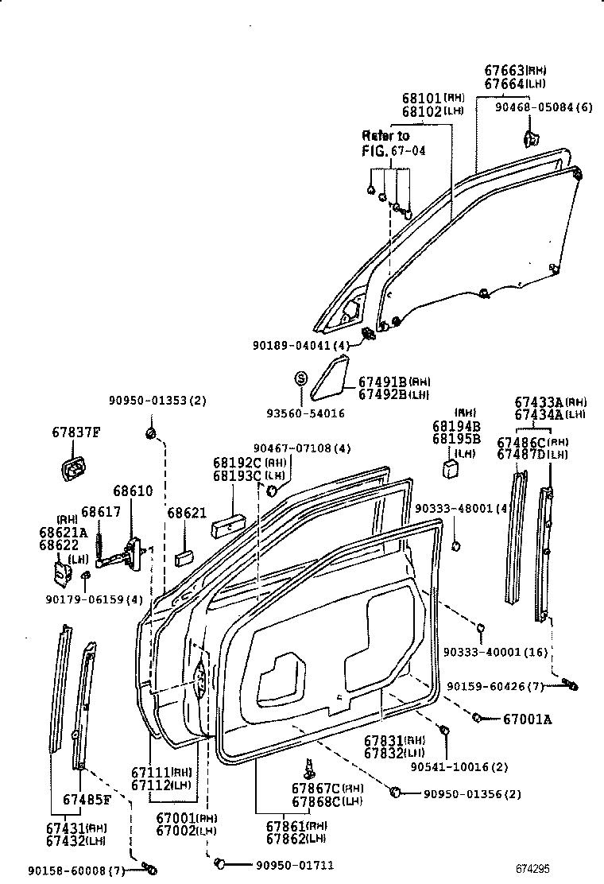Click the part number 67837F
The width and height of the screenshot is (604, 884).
76,432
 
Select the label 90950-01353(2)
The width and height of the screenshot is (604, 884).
157,401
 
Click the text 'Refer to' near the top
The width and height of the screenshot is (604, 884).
385,135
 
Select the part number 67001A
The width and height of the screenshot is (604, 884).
527,719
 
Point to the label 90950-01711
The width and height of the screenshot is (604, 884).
294,865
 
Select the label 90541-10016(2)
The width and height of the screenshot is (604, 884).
459,766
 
